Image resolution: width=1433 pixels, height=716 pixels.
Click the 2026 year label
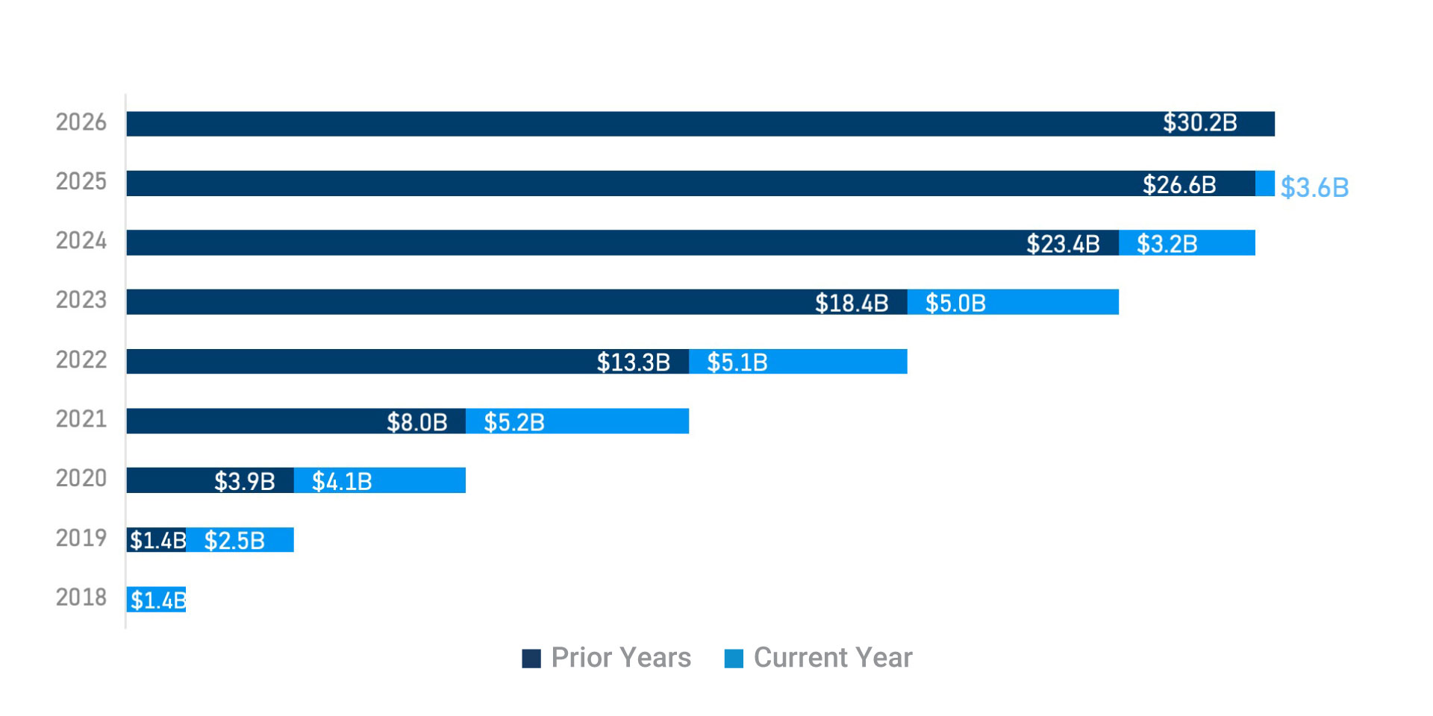tap(81, 122)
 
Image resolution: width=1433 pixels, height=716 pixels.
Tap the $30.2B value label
tap(1199, 123)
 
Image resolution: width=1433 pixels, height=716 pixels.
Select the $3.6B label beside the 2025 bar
tap(1314, 187)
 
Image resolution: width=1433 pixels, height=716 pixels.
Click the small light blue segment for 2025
tap(1265, 183)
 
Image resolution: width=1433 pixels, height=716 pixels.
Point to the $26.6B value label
tap(1179, 184)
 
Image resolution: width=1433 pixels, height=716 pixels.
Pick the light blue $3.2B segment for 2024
tap(1187, 243)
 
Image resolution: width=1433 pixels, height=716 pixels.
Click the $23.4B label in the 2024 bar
tap(1063, 244)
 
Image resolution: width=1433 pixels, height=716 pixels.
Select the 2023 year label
tap(81, 300)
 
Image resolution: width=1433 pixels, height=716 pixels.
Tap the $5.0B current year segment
tap(1013, 302)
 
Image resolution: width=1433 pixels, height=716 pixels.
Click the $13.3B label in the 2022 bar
tap(633, 362)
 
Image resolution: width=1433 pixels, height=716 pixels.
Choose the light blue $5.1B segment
tap(798, 362)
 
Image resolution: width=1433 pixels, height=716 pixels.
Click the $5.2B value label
tap(513, 423)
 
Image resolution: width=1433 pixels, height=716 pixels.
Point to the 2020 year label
tap(81, 478)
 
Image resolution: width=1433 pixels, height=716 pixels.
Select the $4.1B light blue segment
tap(380, 480)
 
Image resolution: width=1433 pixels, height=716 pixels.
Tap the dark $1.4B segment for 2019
tap(156, 540)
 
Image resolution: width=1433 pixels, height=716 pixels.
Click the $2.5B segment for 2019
tap(240, 540)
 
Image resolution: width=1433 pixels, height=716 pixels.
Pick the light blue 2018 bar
tap(156, 600)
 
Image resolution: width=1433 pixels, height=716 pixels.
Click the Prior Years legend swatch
tap(531, 659)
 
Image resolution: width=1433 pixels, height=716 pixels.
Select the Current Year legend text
tap(833, 658)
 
